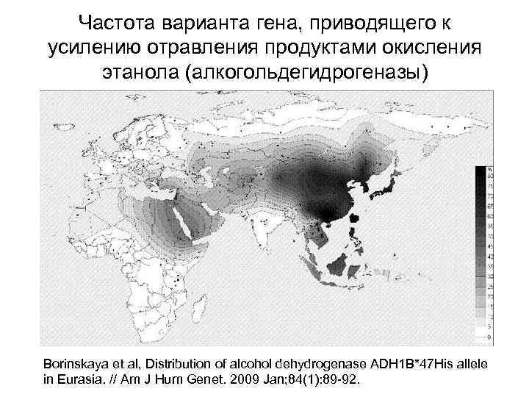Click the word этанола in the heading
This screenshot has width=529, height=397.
[138, 73]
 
